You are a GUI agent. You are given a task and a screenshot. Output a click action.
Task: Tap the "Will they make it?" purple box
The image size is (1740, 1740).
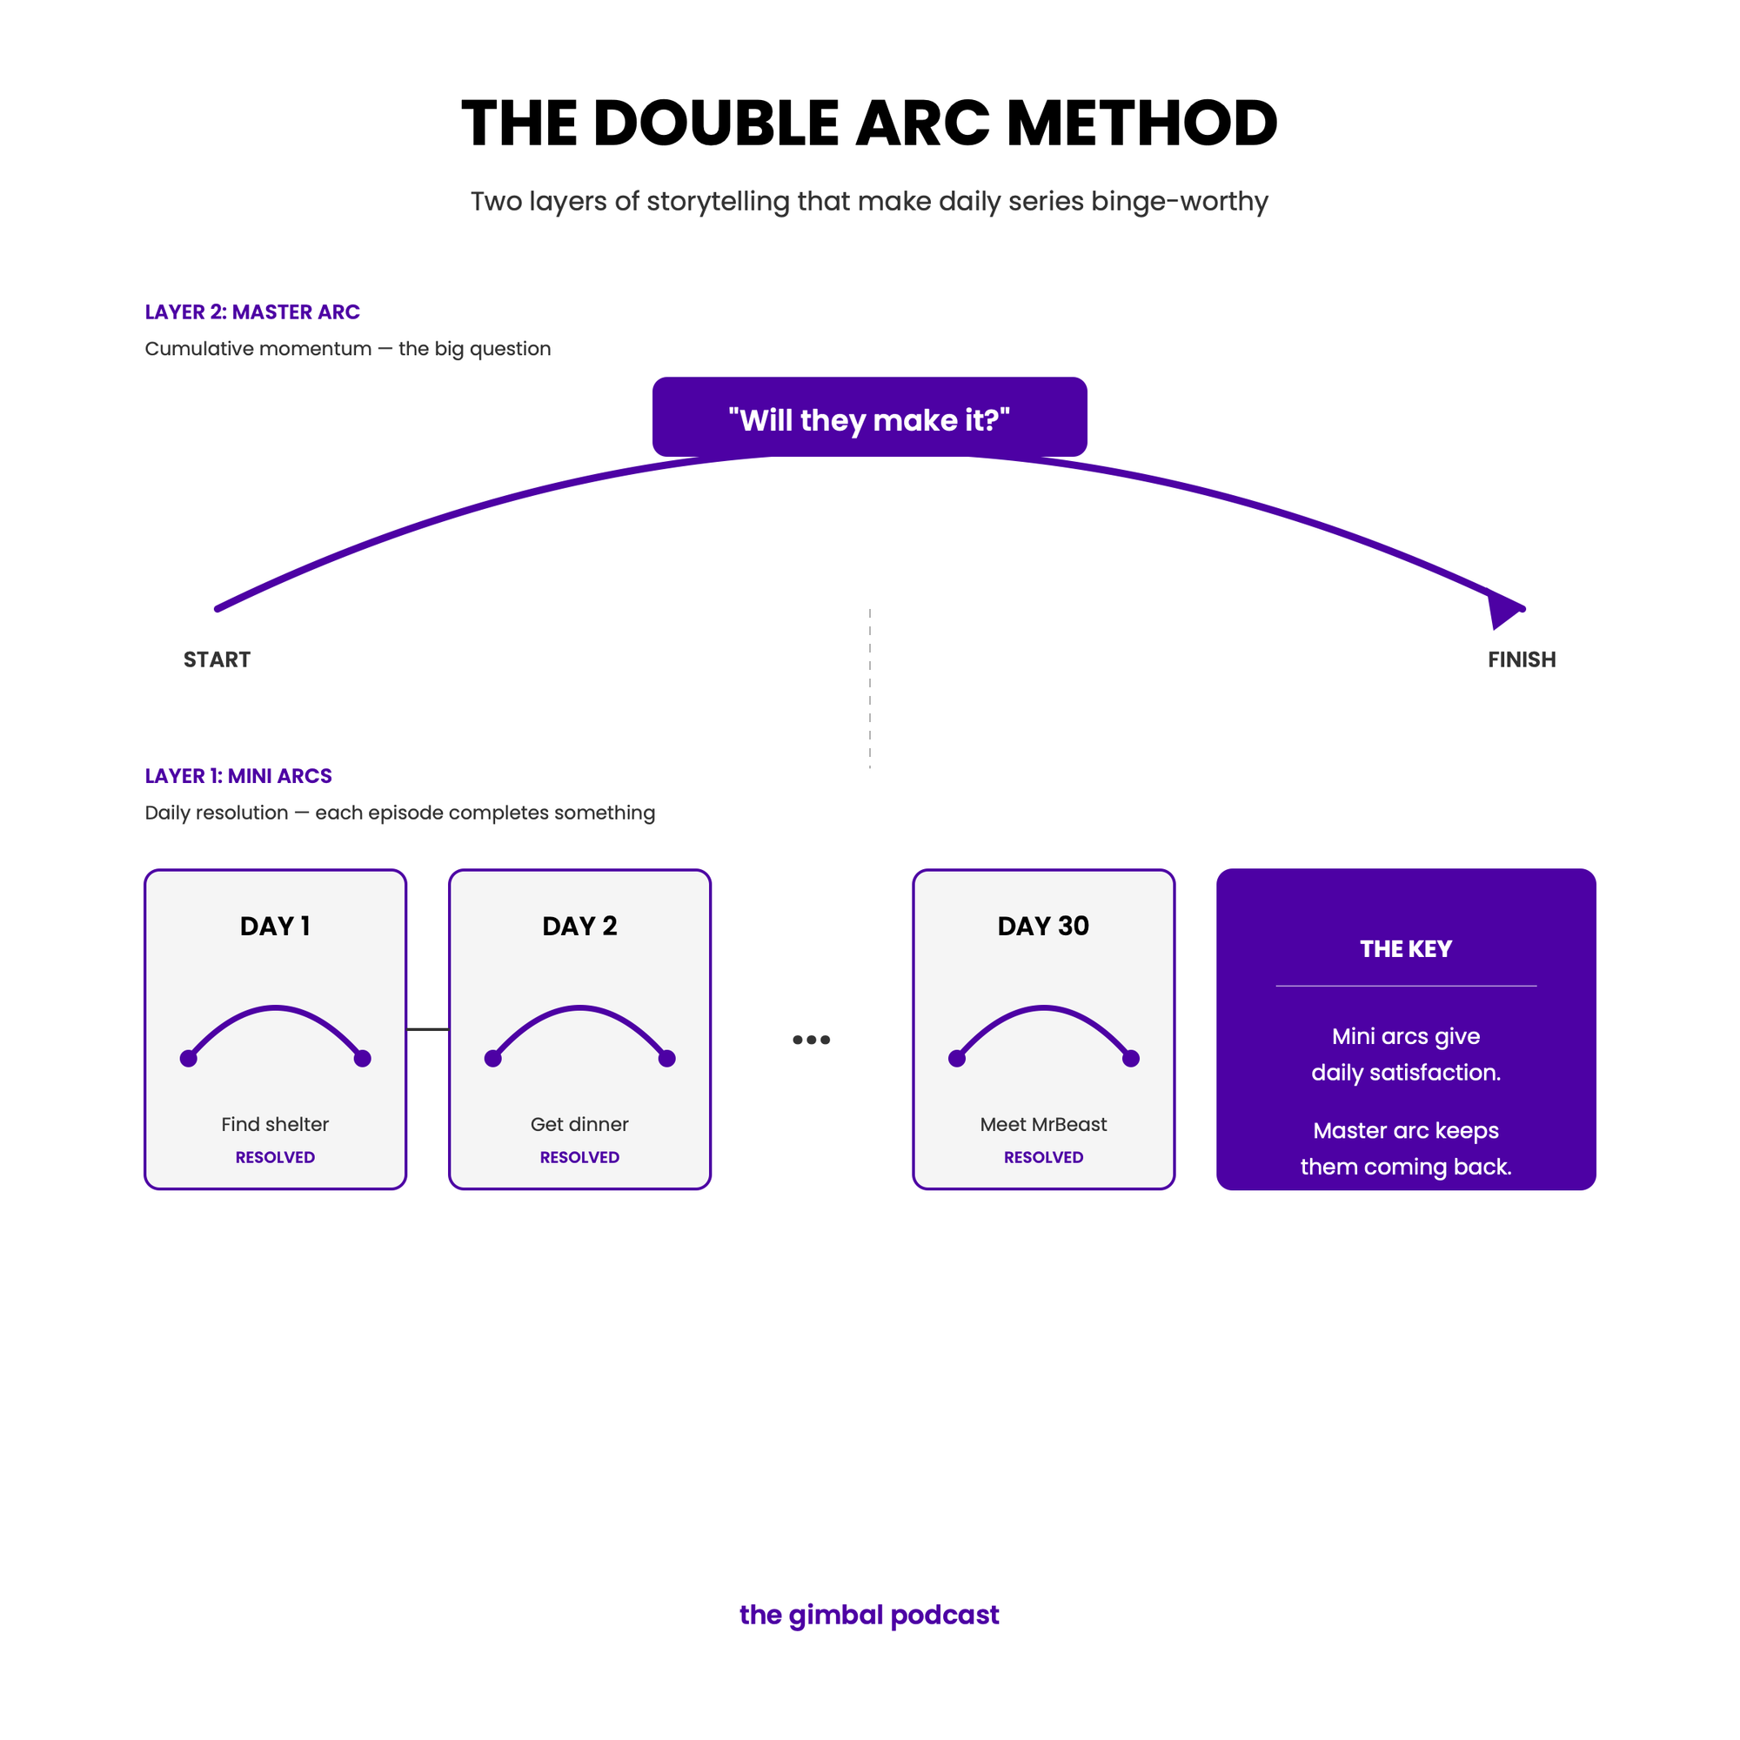point(869,416)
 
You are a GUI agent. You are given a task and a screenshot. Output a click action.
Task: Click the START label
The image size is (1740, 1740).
point(217,659)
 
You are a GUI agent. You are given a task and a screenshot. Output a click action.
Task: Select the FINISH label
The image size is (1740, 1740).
point(1521,659)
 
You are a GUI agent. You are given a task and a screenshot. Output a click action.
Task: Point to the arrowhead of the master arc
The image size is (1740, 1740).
point(1504,610)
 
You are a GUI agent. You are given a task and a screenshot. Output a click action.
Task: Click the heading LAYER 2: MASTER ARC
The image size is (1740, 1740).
point(252,311)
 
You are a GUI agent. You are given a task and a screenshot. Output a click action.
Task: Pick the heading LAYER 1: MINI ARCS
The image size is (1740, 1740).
point(238,775)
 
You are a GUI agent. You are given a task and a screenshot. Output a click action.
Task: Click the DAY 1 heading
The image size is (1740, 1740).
point(275,926)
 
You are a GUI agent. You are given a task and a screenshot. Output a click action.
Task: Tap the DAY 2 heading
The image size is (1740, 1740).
point(579,926)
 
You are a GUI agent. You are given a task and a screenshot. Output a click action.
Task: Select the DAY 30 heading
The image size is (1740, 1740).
point(1043,926)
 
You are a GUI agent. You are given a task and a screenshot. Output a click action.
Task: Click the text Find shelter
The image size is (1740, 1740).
point(275,1124)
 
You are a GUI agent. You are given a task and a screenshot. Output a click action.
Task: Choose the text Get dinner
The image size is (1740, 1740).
point(579,1124)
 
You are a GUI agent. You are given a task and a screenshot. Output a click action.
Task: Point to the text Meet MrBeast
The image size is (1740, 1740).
point(1043,1124)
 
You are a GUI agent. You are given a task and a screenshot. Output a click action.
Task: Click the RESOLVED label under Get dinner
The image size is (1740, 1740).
point(579,1157)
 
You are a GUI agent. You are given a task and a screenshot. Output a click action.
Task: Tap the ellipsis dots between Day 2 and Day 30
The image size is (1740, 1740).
point(811,1040)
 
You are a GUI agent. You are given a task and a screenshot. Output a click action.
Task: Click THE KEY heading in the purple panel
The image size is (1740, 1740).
point(1406,948)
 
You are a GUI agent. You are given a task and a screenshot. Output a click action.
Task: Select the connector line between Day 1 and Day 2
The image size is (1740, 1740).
point(428,1028)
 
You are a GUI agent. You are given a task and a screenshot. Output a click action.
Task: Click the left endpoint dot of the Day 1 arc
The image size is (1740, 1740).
point(188,1058)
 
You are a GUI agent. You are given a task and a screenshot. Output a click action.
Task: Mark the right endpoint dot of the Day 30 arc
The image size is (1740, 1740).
point(1131,1058)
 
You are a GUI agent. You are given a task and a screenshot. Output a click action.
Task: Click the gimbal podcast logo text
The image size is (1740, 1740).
point(869,1615)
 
